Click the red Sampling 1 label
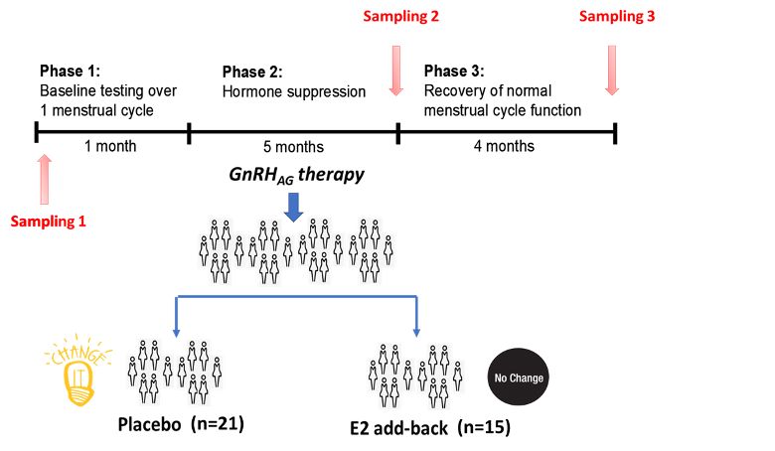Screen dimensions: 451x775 (x=48, y=222)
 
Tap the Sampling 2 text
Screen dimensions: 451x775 (x=400, y=16)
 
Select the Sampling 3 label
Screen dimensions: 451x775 (x=617, y=16)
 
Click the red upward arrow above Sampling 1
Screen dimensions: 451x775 (x=44, y=179)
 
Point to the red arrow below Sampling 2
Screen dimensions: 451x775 (x=395, y=70)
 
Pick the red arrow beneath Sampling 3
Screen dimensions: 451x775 (x=612, y=70)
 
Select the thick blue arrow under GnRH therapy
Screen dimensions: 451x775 (x=293, y=207)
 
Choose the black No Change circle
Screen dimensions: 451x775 (x=518, y=377)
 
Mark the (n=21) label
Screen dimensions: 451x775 (x=217, y=423)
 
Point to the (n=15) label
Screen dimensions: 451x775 (x=484, y=427)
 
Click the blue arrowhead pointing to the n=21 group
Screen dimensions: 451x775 (x=176, y=332)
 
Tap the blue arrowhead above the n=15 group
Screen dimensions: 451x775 (x=416, y=332)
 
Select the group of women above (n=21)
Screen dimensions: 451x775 (x=175, y=372)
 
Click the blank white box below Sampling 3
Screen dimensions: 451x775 (x=699, y=134)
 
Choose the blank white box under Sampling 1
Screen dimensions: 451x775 (x=107, y=259)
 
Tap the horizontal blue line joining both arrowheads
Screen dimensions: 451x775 (x=296, y=296)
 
